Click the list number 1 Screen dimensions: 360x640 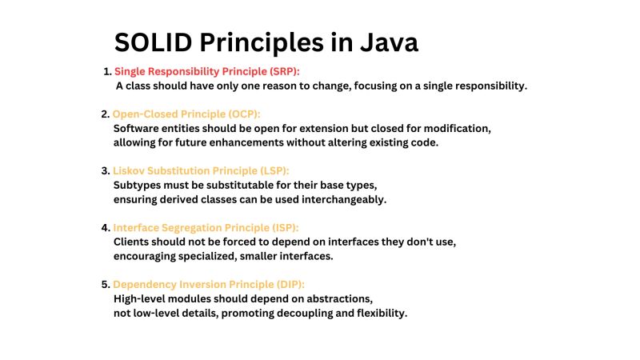(x=106, y=71)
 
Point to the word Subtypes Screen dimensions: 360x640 (x=137, y=186)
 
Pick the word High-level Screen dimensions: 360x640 (x=141, y=298)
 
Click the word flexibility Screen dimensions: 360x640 (x=379, y=313)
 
